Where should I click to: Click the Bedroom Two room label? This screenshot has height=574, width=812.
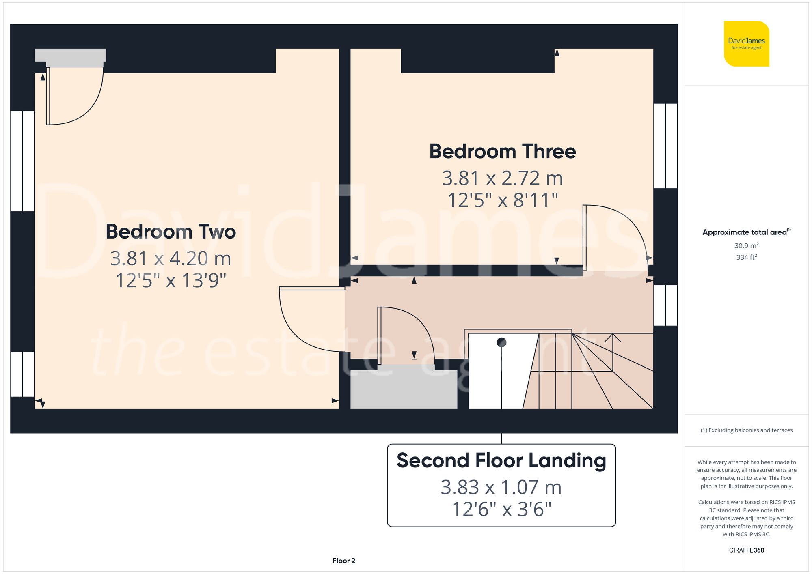(x=171, y=232)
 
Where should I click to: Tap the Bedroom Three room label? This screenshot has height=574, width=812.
(x=502, y=151)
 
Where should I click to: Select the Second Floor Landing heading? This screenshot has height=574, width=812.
(x=501, y=460)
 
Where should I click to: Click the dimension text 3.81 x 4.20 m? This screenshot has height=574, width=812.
(x=171, y=258)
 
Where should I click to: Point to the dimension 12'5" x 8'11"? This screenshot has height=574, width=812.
(x=502, y=200)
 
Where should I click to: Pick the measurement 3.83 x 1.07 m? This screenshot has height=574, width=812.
(x=501, y=487)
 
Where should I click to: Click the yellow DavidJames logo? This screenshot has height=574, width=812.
(x=746, y=44)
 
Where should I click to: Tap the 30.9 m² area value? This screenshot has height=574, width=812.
(x=746, y=245)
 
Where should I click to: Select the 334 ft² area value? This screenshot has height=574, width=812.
(x=746, y=257)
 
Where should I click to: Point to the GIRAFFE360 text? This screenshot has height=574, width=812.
(x=746, y=550)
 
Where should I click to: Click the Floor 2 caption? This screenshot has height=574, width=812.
(x=343, y=561)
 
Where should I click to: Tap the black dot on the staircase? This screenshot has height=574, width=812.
(x=501, y=342)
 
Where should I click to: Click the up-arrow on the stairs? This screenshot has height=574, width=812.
(x=613, y=338)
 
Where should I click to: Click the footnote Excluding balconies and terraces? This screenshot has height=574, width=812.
(x=746, y=430)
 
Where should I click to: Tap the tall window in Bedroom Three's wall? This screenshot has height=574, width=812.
(x=665, y=146)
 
